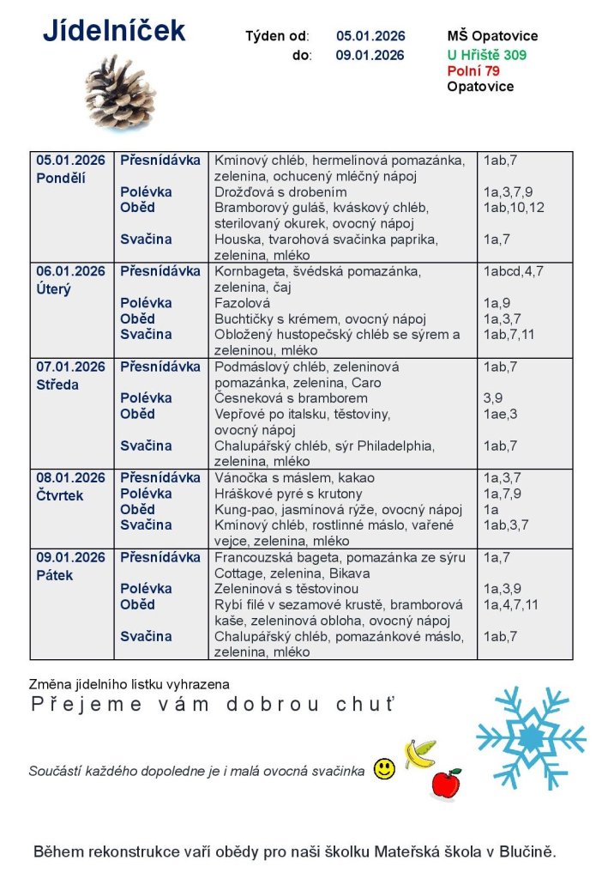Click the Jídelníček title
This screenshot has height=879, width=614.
tap(114, 31)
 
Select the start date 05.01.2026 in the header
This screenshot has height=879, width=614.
tap(370, 36)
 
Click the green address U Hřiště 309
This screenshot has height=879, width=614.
tap(487, 55)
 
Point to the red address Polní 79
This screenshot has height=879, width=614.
tap(473, 70)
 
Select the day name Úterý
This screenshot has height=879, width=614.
tap(53, 288)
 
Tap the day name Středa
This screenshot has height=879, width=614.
tap(57, 385)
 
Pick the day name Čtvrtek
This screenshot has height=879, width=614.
tap(59, 495)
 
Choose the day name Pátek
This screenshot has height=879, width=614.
tap(54, 575)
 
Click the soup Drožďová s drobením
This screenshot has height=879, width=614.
tap(280, 192)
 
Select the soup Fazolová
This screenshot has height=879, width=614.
tap(242, 303)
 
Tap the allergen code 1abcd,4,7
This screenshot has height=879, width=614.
tap(514, 271)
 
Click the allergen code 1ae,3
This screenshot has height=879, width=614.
tap(501, 414)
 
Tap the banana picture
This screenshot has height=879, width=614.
tap(420, 754)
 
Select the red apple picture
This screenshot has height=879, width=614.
tap(445, 783)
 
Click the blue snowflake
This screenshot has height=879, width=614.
tap(530, 737)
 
